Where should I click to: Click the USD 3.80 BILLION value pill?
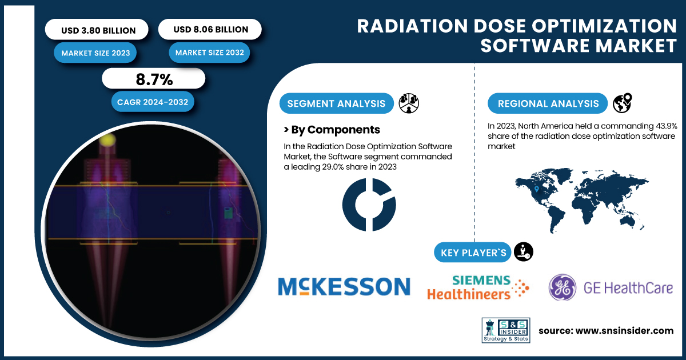point(97,30)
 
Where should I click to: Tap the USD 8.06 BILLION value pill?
point(210,29)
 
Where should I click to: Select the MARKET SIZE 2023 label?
point(95,53)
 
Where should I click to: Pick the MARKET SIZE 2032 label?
point(209,53)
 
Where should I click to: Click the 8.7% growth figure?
point(154,79)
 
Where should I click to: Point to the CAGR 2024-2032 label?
point(153,102)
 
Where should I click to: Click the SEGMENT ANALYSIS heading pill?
point(336,103)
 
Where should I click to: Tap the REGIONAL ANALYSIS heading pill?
point(548,103)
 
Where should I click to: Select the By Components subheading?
point(332,130)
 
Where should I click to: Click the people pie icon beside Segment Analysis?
point(409,103)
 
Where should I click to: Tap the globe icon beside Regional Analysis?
point(623,103)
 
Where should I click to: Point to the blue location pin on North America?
point(537,189)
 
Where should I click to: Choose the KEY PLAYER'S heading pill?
point(473,253)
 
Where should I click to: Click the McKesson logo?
point(344,286)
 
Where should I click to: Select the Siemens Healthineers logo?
point(478,287)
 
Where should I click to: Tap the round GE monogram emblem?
point(562,287)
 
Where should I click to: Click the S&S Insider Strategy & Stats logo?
point(506,330)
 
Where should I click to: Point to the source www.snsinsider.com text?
point(606,331)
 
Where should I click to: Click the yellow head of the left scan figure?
point(107,140)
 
